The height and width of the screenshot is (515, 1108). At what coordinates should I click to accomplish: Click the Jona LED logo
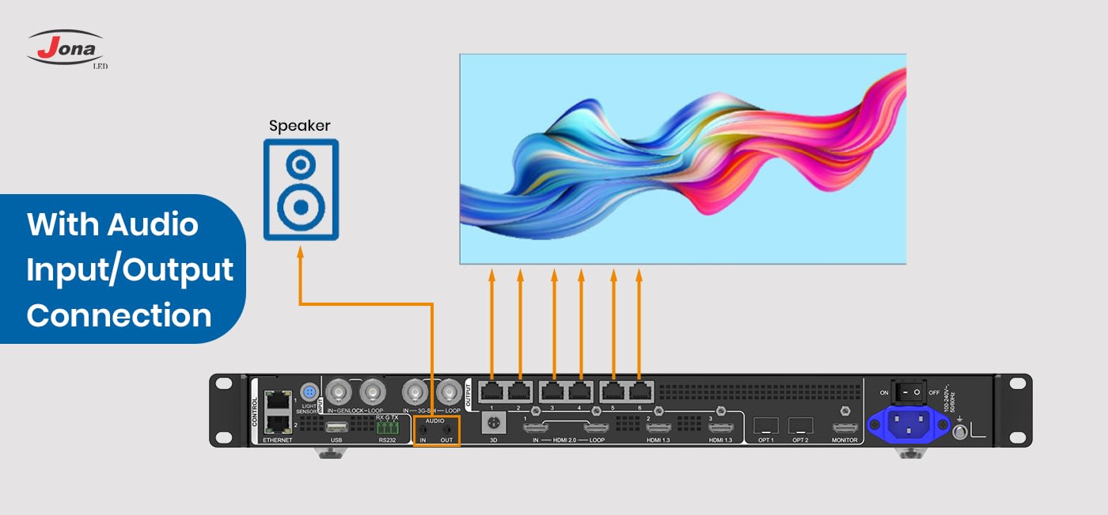(x=66, y=48)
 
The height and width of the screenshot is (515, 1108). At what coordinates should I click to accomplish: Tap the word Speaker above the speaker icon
(x=299, y=125)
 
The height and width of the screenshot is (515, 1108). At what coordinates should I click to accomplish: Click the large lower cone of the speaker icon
(x=300, y=208)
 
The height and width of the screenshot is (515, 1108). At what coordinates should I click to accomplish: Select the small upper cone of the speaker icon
(x=300, y=166)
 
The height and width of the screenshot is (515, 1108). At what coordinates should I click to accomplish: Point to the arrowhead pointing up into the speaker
(x=300, y=253)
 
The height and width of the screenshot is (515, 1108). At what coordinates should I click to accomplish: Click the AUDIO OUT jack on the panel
(x=446, y=429)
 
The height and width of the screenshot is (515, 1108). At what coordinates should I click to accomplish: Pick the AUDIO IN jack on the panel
(x=423, y=429)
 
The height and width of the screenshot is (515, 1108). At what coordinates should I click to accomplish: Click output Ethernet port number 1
(x=491, y=391)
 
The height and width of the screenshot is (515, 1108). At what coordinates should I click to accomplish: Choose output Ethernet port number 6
(x=639, y=391)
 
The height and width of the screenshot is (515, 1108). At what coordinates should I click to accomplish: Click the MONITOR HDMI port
(x=844, y=428)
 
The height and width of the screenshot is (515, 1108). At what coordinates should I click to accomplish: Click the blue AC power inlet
(x=908, y=424)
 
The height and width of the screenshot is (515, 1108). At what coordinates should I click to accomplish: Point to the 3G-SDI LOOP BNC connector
(x=451, y=391)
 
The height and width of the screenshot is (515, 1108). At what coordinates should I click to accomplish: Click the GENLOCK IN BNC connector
(x=339, y=391)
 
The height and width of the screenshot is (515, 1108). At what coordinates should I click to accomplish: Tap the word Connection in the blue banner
(x=119, y=315)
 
